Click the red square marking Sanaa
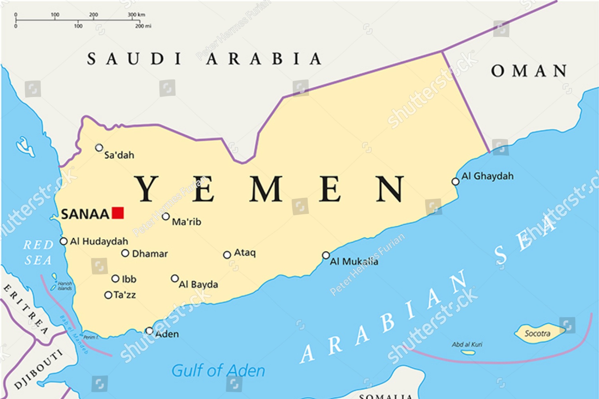tap(117, 213)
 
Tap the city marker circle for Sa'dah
tap(99, 148)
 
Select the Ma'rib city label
tap(186, 222)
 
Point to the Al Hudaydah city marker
tap(63, 241)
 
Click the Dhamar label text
tap(150, 254)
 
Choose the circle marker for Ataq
tap(227, 255)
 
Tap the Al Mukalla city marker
tap(326, 255)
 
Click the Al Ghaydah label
tap(487, 176)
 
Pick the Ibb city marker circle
tap(115, 279)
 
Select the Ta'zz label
tap(125, 295)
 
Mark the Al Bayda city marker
tap(175, 278)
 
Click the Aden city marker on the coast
tap(149, 331)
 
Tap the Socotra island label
tap(537, 333)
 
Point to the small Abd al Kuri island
tap(468, 352)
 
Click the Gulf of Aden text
tap(218, 371)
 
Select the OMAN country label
tap(529, 71)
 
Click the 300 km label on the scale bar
tap(136, 15)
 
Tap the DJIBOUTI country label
tap(39, 369)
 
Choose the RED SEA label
tap(38, 253)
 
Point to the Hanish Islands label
tap(64, 286)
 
